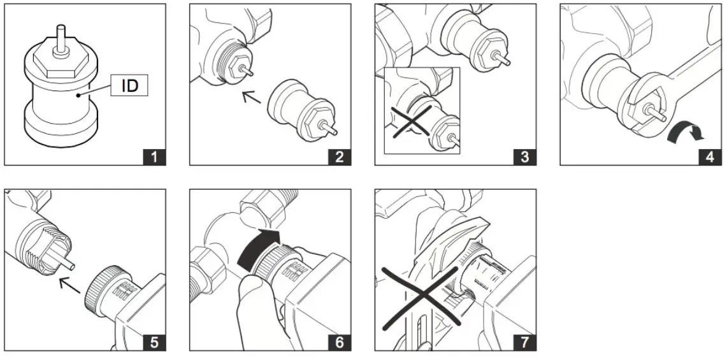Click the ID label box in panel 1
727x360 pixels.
pos(130,86)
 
